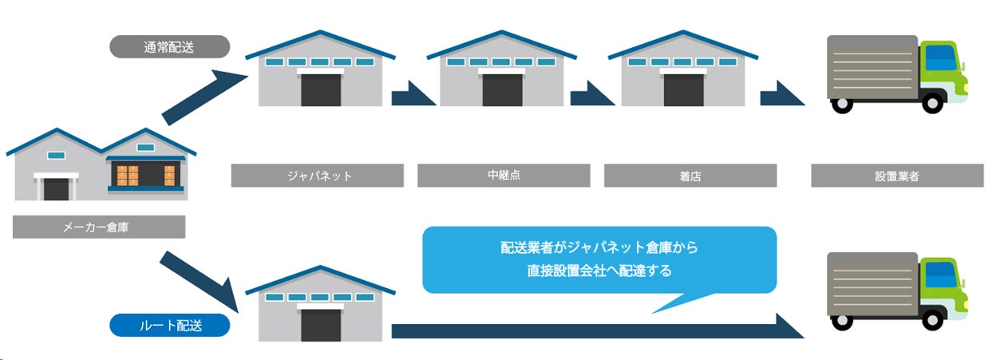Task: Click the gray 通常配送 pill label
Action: point(169,46)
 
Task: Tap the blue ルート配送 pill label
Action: point(169,326)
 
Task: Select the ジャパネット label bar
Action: point(318,176)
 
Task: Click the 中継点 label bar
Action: point(504,176)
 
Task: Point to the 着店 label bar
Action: point(690,176)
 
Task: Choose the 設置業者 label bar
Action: point(897,176)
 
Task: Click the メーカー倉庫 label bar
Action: point(99,227)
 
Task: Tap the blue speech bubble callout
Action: point(599,259)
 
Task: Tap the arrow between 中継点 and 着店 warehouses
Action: point(594,96)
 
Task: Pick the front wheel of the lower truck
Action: point(931,320)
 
